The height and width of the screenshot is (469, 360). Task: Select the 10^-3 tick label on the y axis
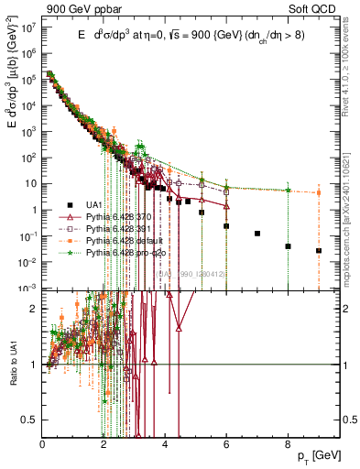click(x=28, y=288)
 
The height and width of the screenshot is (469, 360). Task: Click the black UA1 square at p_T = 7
click(x=257, y=234)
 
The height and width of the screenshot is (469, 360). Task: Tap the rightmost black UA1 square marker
click(x=319, y=250)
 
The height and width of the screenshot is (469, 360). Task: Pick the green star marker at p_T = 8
click(x=288, y=191)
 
